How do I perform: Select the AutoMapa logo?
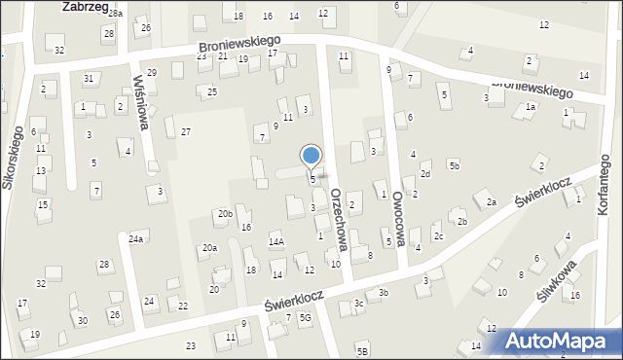click(563, 340)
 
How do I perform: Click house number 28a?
click(115, 14)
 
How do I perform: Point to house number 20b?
click(225, 213)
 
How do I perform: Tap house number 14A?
click(275, 241)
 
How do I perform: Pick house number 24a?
click(136, 238)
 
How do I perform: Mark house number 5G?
click(305, 318)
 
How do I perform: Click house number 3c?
click(359, 304)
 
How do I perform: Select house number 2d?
click(425, 174)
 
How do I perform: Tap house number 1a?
click(531, 107)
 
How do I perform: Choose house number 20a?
click(209, 248)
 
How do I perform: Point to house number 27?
click(185, 131)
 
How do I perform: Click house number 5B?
click(362, 350)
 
